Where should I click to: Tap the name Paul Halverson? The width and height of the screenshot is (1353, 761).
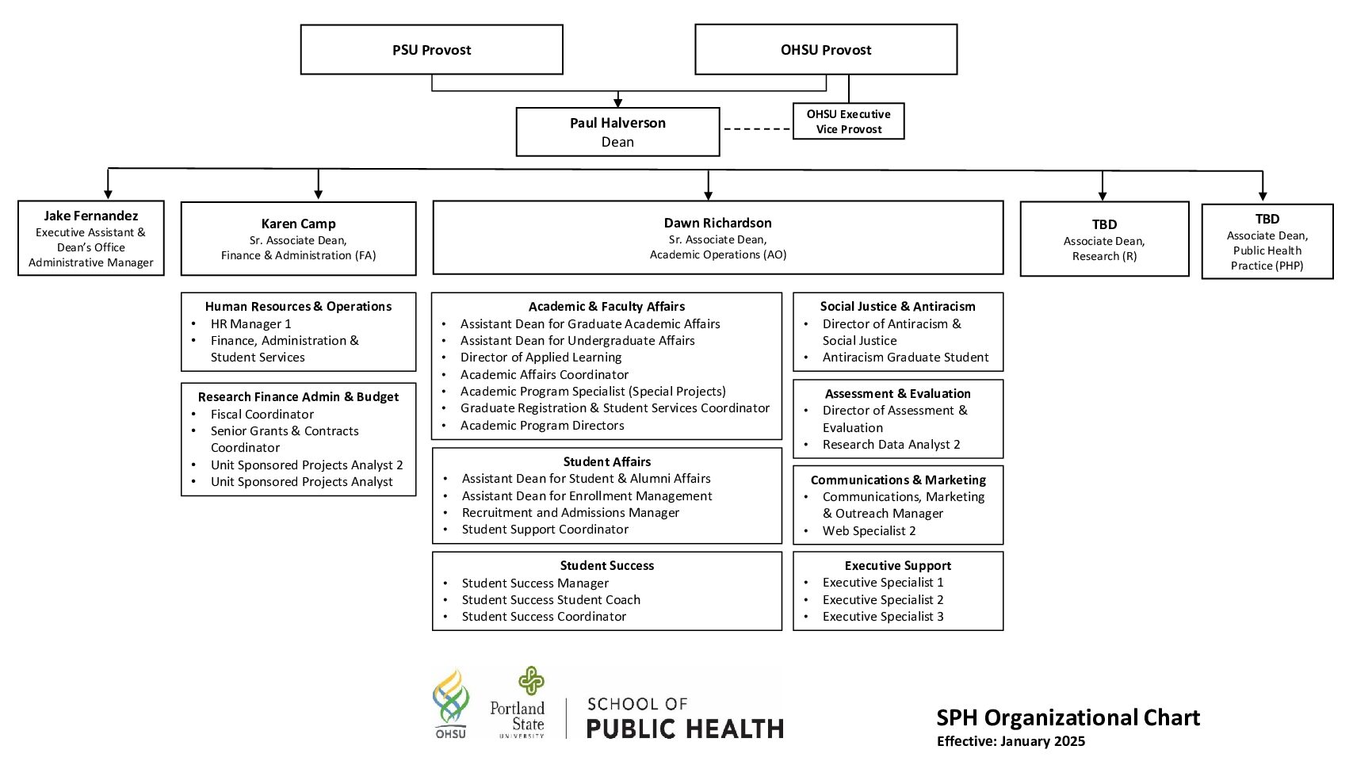(617, 123)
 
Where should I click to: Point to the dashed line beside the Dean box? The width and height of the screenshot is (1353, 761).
(757, 128)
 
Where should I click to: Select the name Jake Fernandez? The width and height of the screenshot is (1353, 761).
(90, 216)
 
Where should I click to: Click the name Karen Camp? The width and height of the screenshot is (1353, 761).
(298, 224)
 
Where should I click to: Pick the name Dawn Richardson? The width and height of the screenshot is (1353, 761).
(717, 223)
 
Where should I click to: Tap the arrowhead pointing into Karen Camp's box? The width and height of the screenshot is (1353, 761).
(319, 194)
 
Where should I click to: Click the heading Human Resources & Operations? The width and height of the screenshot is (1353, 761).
(298, 306)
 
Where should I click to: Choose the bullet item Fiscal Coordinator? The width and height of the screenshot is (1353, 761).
(262, 415)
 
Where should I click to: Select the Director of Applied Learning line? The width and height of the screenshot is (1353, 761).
(541, 358)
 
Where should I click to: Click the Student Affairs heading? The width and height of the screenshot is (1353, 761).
(607, 461)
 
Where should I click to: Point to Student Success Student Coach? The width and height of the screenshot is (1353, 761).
(551, 600)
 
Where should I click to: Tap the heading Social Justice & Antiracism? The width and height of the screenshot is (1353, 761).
(897, 306)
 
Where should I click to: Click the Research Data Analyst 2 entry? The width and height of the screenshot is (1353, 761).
(891, 445)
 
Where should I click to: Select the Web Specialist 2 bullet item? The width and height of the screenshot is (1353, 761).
(869, 531)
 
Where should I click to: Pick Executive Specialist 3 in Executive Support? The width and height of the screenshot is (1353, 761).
(882, 617)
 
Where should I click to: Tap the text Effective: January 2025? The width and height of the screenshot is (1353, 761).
(1011, 741)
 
